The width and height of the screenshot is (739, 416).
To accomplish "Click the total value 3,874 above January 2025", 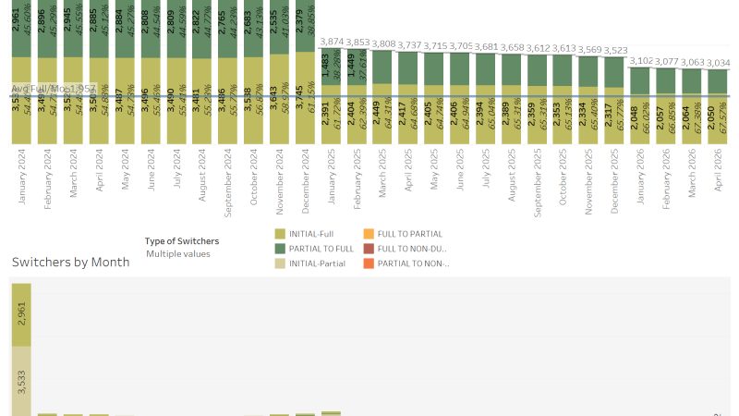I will (332, 43).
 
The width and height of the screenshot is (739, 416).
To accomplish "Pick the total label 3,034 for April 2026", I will (719, 62).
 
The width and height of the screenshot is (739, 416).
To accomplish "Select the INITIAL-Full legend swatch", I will (281, 235).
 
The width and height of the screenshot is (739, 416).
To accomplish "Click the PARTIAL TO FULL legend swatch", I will (281, 249).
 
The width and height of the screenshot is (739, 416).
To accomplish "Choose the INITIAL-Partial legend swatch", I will (281, 263).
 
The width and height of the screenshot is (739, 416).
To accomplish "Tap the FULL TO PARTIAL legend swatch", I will (369, 235).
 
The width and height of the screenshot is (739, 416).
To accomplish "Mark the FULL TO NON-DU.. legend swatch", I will (369, 249).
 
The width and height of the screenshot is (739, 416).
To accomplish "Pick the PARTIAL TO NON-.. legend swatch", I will (369, 263).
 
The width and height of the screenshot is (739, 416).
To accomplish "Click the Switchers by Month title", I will (70, 263).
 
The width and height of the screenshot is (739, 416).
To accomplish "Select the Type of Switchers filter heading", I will (182, 241).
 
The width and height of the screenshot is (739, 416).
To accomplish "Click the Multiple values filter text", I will (177, 253).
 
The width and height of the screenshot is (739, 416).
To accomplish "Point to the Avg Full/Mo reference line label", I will (53, 89).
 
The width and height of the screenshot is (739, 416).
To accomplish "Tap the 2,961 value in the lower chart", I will (21, 317).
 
